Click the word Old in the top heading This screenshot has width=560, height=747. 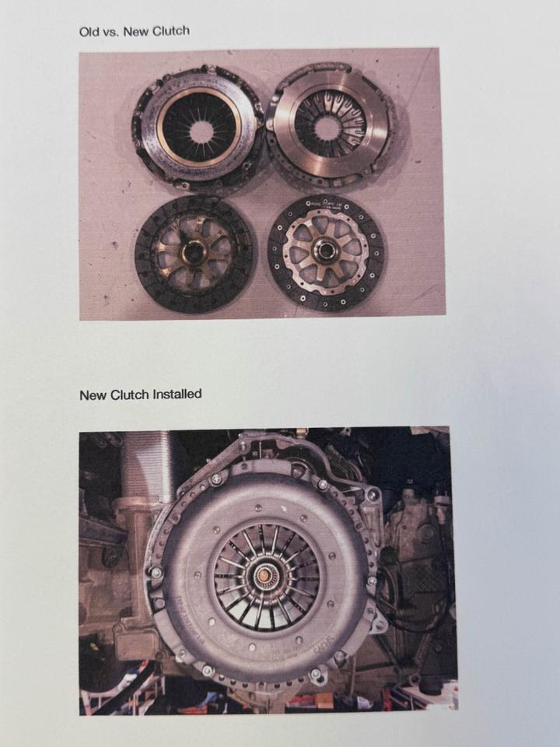click(89, 33)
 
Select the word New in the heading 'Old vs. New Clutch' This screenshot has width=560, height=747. click(135, 32)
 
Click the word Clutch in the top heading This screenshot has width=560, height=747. click(170, 31)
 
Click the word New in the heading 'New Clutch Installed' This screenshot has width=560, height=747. click(93, 395)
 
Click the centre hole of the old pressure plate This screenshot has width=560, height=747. click(202, 132)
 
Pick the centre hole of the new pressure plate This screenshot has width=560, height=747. click(327, 128)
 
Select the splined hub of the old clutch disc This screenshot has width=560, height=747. click(194, 252)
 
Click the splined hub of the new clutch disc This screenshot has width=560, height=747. click(324, 250)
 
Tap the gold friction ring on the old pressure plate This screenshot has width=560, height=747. click(199, 127)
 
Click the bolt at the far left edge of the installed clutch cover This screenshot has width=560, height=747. click(156, 572)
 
